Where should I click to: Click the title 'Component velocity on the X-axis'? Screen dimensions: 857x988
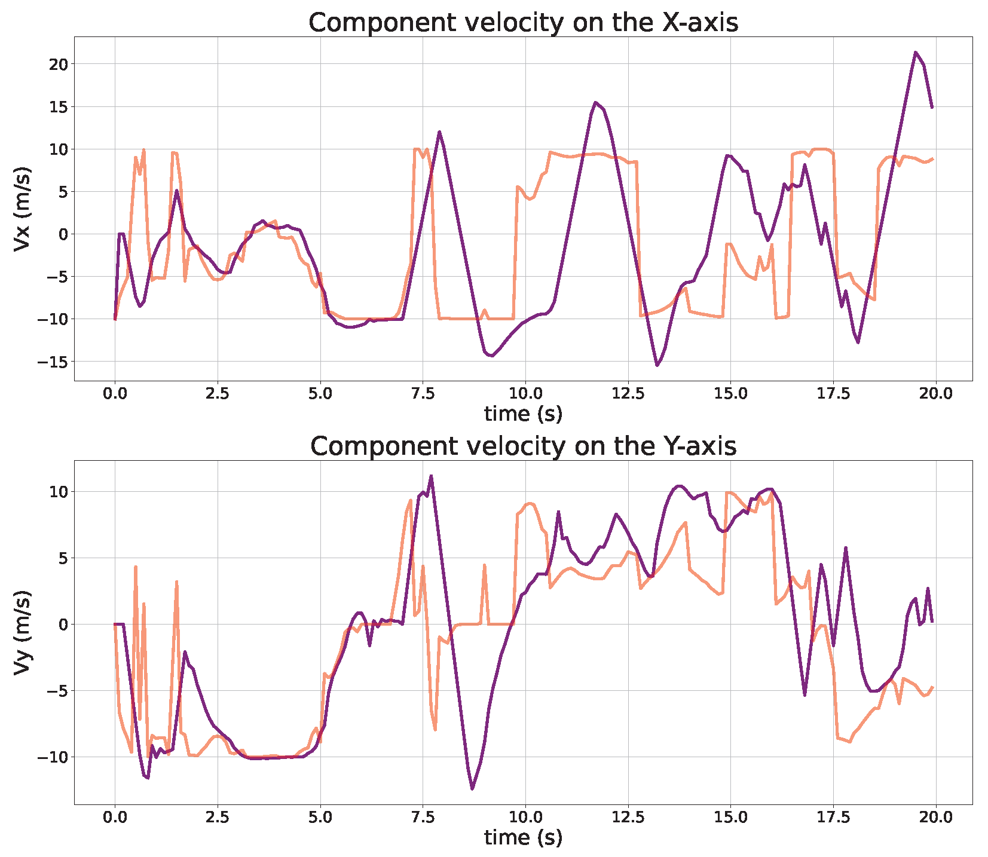coord(523,23)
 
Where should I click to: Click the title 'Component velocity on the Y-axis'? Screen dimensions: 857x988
coord(523,446)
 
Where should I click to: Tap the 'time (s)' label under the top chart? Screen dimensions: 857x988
coord(523,414)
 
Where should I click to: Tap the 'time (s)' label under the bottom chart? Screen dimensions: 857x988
coord(523,837)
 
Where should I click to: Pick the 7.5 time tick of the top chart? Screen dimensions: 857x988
coord(423,394)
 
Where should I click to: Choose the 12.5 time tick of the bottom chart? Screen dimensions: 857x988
coord(628,818)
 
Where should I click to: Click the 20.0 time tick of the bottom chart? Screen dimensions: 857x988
coord(936,818)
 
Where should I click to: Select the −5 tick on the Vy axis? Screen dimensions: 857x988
coord(57,690)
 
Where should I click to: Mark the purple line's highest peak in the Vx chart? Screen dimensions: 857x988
coord(915,53)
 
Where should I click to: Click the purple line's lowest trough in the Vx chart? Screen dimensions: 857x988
coord(657,365)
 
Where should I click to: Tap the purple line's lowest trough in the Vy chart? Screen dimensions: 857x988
coord(472,789)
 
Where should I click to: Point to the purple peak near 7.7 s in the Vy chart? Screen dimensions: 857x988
coord(431,476)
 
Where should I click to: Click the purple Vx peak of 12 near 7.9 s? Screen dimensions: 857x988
coord(439,132)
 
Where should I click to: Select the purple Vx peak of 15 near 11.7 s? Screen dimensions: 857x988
coord(595,103)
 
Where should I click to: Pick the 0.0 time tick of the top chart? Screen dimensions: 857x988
coord(115,394)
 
